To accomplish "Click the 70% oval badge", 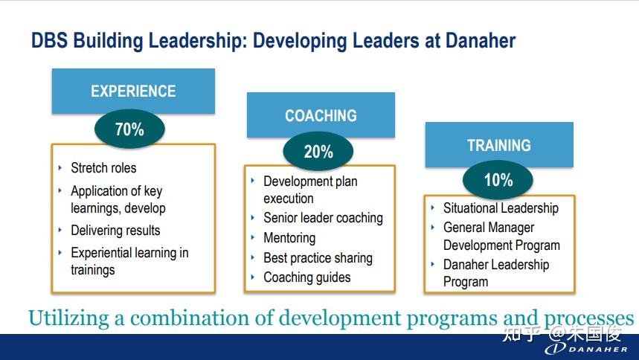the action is [129, 129].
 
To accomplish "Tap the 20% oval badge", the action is [318, 151].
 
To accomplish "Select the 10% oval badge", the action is [498, 180].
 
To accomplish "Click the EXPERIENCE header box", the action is [133, 91].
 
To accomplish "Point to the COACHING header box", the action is [321, 115].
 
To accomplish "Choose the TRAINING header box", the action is [499, 145].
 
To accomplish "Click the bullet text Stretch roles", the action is [103, 167].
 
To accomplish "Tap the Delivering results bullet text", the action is [115, 231].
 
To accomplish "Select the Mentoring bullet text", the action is [289, 238].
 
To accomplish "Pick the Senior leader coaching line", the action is [323, 218].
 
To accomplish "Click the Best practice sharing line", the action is [318, 257].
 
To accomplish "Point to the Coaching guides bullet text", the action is [307, 277].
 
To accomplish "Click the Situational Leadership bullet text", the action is [501, 208].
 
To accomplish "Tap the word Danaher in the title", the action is [481, 40].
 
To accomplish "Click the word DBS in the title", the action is [49, 40].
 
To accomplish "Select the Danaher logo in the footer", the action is [586, 349].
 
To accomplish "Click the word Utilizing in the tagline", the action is [68, 318].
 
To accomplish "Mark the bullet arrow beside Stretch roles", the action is [60, 167].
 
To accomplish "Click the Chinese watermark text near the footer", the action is [562, 334].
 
